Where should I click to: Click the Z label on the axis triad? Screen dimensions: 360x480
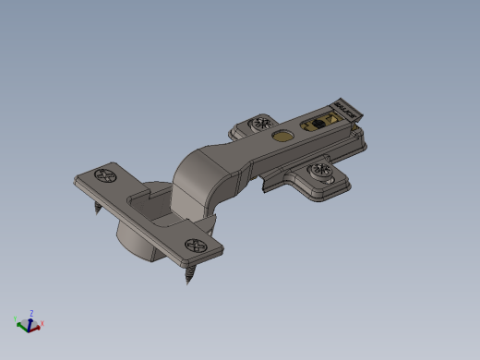[32, 313]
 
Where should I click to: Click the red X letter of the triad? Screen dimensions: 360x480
[42, 323]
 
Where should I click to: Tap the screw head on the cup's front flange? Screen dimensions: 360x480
[196, 246]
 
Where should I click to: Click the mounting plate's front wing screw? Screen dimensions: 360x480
[320, 171]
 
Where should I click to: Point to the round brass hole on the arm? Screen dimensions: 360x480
[282, 136]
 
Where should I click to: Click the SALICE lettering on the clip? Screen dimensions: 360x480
[348, 109]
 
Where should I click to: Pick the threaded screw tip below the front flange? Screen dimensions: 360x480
[191, 274]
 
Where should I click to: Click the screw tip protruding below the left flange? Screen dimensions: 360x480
[96, 209]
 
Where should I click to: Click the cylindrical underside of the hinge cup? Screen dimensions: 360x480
[138, 245]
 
